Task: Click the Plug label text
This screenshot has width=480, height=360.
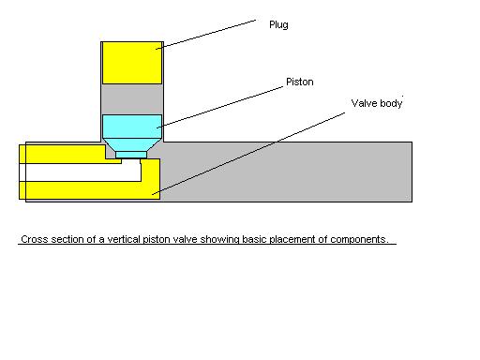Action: [x=278, y=25]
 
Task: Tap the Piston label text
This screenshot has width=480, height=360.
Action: [x=300, y=82]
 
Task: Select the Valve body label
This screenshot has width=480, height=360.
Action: [x=377, y=103]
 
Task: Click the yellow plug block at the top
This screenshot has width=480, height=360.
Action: [x=131, y=62]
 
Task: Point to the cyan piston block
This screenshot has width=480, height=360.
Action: [x=131, y=126]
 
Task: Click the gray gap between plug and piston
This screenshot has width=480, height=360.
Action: [x=131, y=97]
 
